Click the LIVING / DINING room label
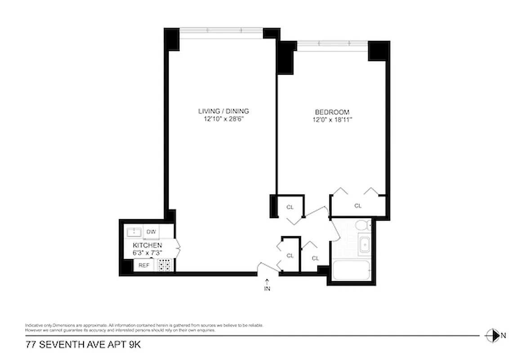pyautogui.click(x=223, y=111)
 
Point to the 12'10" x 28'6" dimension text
pyautogui.click(x=223, y=119)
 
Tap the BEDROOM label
pyautogui.click(x=332, y=112)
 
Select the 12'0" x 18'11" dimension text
pyautogui.click(x=332, y=120)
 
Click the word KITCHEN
pyautogui.click(x=147, y=245)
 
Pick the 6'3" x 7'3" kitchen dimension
pyautogui.click(x=147, y=253)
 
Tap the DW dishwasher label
pyautogui.click(x=151, y=232)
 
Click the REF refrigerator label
pyautogui.click(x=143, y=265)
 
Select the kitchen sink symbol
pyautogui.click(x=134, y=232)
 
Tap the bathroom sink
pyautogui.click(x=364, y=245)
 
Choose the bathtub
pyautogui.click(x=351, y=271)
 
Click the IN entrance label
pyautogui.click(x=267, y=289)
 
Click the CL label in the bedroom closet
pyautogui.click(x=358, y=206)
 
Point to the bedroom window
pyautogui.click(x=332, y=43)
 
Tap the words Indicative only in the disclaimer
pyautogui.click(x=39, y=325)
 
